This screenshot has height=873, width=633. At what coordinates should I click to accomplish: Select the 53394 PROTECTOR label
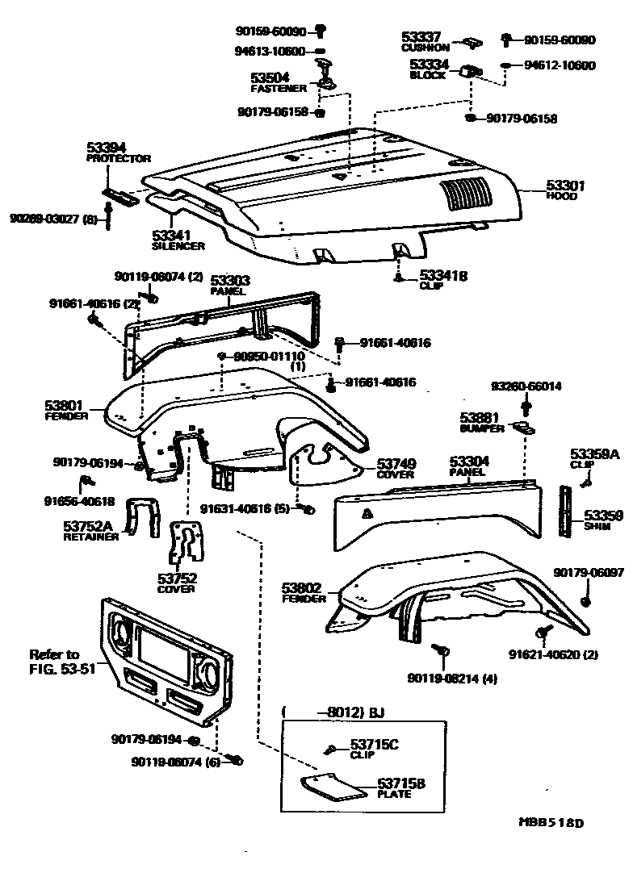tap(118, 152)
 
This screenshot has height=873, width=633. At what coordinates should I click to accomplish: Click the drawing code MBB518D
tap(550, 824)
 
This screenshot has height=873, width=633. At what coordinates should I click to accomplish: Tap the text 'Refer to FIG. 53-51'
tap(54, 661)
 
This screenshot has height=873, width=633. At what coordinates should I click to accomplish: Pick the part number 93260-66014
tap(526, 386)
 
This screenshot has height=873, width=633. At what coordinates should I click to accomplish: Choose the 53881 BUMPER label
tap(481, 422)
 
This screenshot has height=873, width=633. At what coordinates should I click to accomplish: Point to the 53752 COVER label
tap(177, 583)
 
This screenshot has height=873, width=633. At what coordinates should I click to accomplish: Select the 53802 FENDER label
tap(304, 593)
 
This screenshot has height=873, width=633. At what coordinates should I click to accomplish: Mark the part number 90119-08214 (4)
tap(451, 678)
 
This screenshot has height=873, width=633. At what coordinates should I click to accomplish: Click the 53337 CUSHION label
tap(421, 41)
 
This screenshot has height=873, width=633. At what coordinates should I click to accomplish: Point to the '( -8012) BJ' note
tap(333, 712)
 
